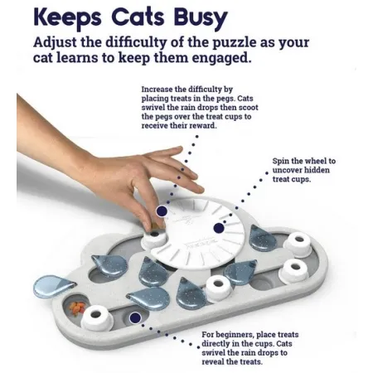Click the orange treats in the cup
(x=77, y=308)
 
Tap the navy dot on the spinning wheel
(x=219, y=228)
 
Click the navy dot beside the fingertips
(x=162, y=211)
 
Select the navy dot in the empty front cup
(x=135, y=318)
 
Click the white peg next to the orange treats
(x=97, y=318)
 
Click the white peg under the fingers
(x=154, y=238)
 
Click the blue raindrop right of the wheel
(x=262, y=238)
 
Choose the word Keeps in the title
(x=67, y=18)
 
